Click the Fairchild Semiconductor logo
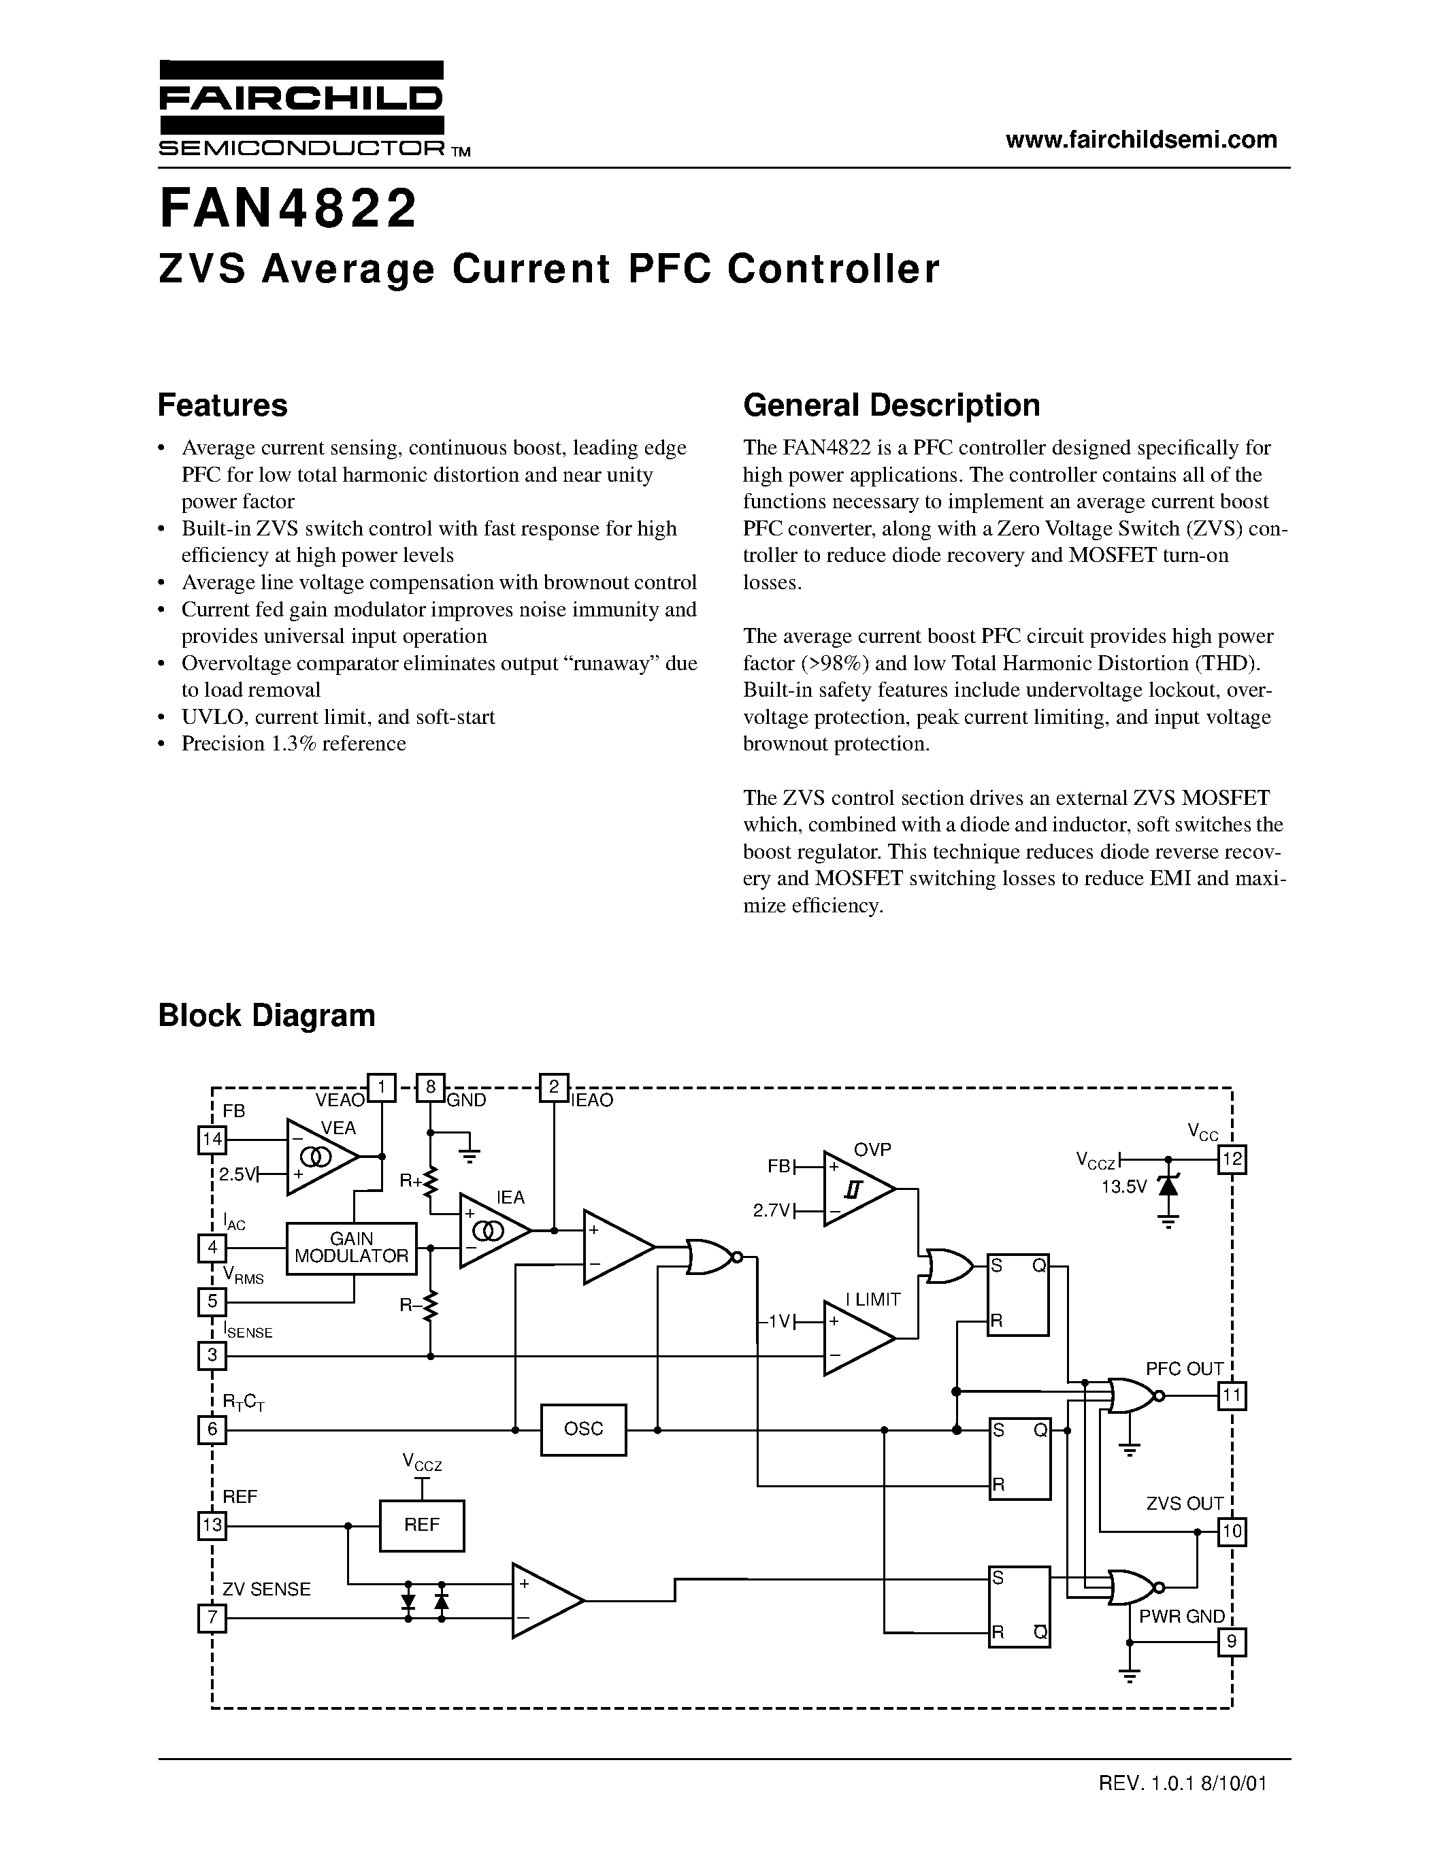pyautogui.click(x=301, y=109)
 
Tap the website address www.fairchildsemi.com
pyautogui.click(x=1141, y=139)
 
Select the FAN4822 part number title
pyautogui.click(x=288, y=210)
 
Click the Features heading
pyautogui.click(x=223, y=405)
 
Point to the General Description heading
pyautogui.click(x=891, y=405)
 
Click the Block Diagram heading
pyautogui.click(x=267, y=1015)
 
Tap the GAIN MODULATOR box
pyautogui.click(x=351, y=1248)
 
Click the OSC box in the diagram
pyautogui.click(x=583, y=1429)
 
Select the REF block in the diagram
pyautogui.click(x=421, y=1525)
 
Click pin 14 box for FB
pyautogui.click(x=212, y=1140)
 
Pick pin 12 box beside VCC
pyautogui.click(x=1232, y=1160)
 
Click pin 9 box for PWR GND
pyautogui.click(x=1232, y=1643)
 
